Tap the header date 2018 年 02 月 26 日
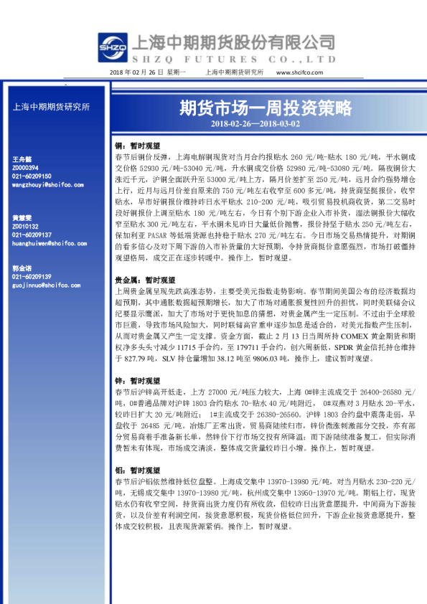[x=138, y=72]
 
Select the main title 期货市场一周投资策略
[x=266, y=108]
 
